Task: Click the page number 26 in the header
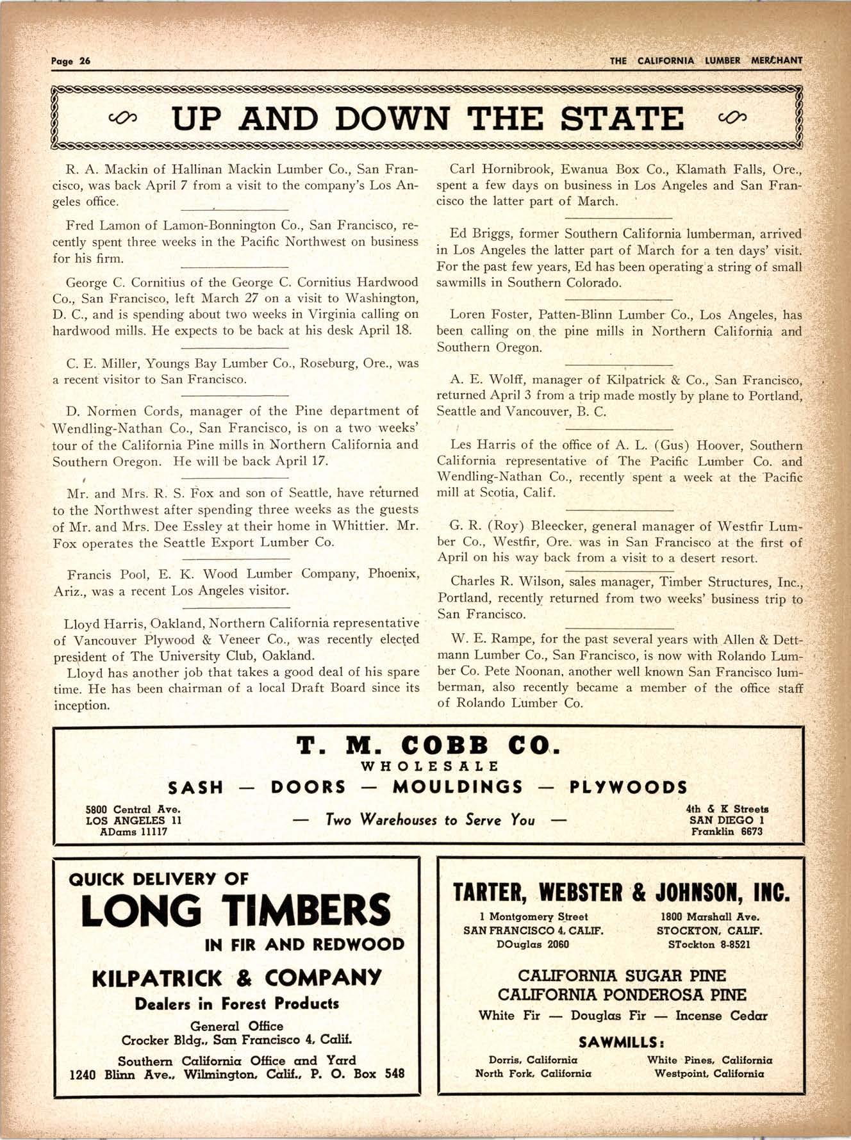tap(85, 62)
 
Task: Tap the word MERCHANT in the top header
tap(778, 61)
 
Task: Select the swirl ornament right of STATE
tap(731, 118)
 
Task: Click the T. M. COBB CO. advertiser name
tap(428, 747)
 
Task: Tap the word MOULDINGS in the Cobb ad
tap(458, 788)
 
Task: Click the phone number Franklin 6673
tap(727, 832)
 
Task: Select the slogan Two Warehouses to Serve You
tap(429, 820)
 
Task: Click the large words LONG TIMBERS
tap(236, 912)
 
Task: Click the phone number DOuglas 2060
tap(533, 944)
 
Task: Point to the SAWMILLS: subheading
tap(621, 1041)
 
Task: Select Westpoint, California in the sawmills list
tap(709, 1073)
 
